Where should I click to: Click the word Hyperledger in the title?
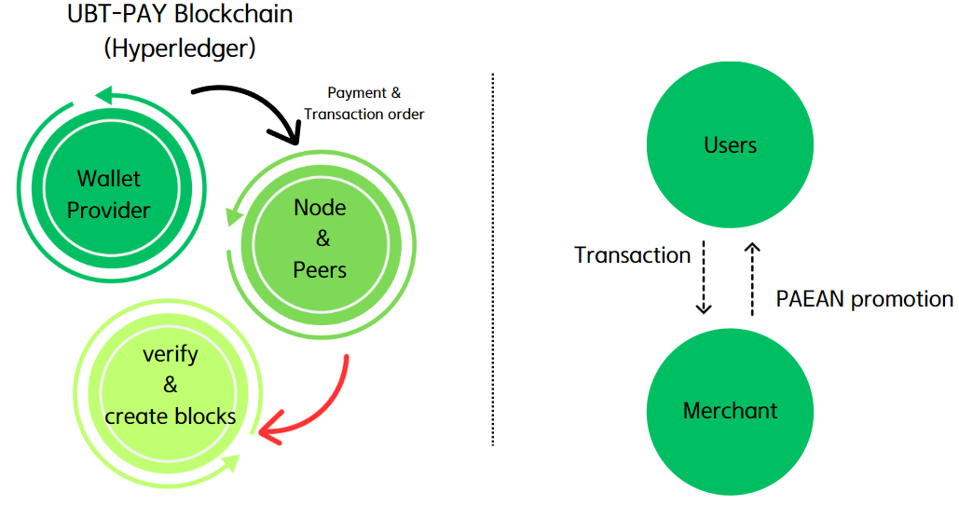point(180,47)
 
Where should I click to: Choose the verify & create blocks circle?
point(169,385)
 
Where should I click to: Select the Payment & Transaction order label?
point(364,103)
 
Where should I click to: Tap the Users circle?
point(730,144)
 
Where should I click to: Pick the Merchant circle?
point(730,411)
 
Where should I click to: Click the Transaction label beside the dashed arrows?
point(632,255)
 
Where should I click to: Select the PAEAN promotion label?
point(864,299)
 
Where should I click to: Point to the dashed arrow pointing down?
point(704,279)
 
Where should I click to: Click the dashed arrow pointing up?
point(753,279)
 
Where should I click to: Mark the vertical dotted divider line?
point(492,261)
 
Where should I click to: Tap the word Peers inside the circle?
point(320,270)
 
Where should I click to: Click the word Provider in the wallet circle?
point(108,210)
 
